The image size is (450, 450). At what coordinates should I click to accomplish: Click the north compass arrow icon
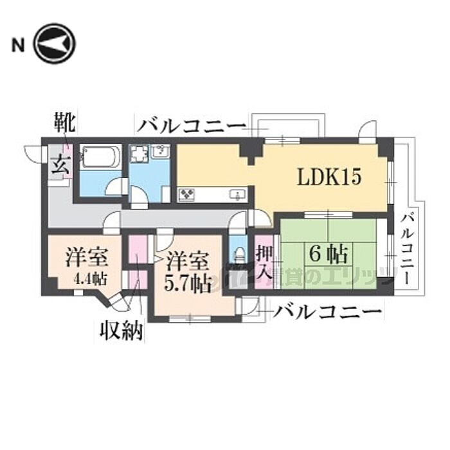point(55,44)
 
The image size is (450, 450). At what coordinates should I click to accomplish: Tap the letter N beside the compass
point(18,44)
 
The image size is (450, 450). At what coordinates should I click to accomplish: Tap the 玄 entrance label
point(57,161)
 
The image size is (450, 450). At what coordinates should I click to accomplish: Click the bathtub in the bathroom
point(100,157)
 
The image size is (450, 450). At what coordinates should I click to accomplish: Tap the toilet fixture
point(239,251)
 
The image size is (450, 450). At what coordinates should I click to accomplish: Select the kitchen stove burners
point(188,194)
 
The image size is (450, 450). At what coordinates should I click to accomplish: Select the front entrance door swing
point(32,153)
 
